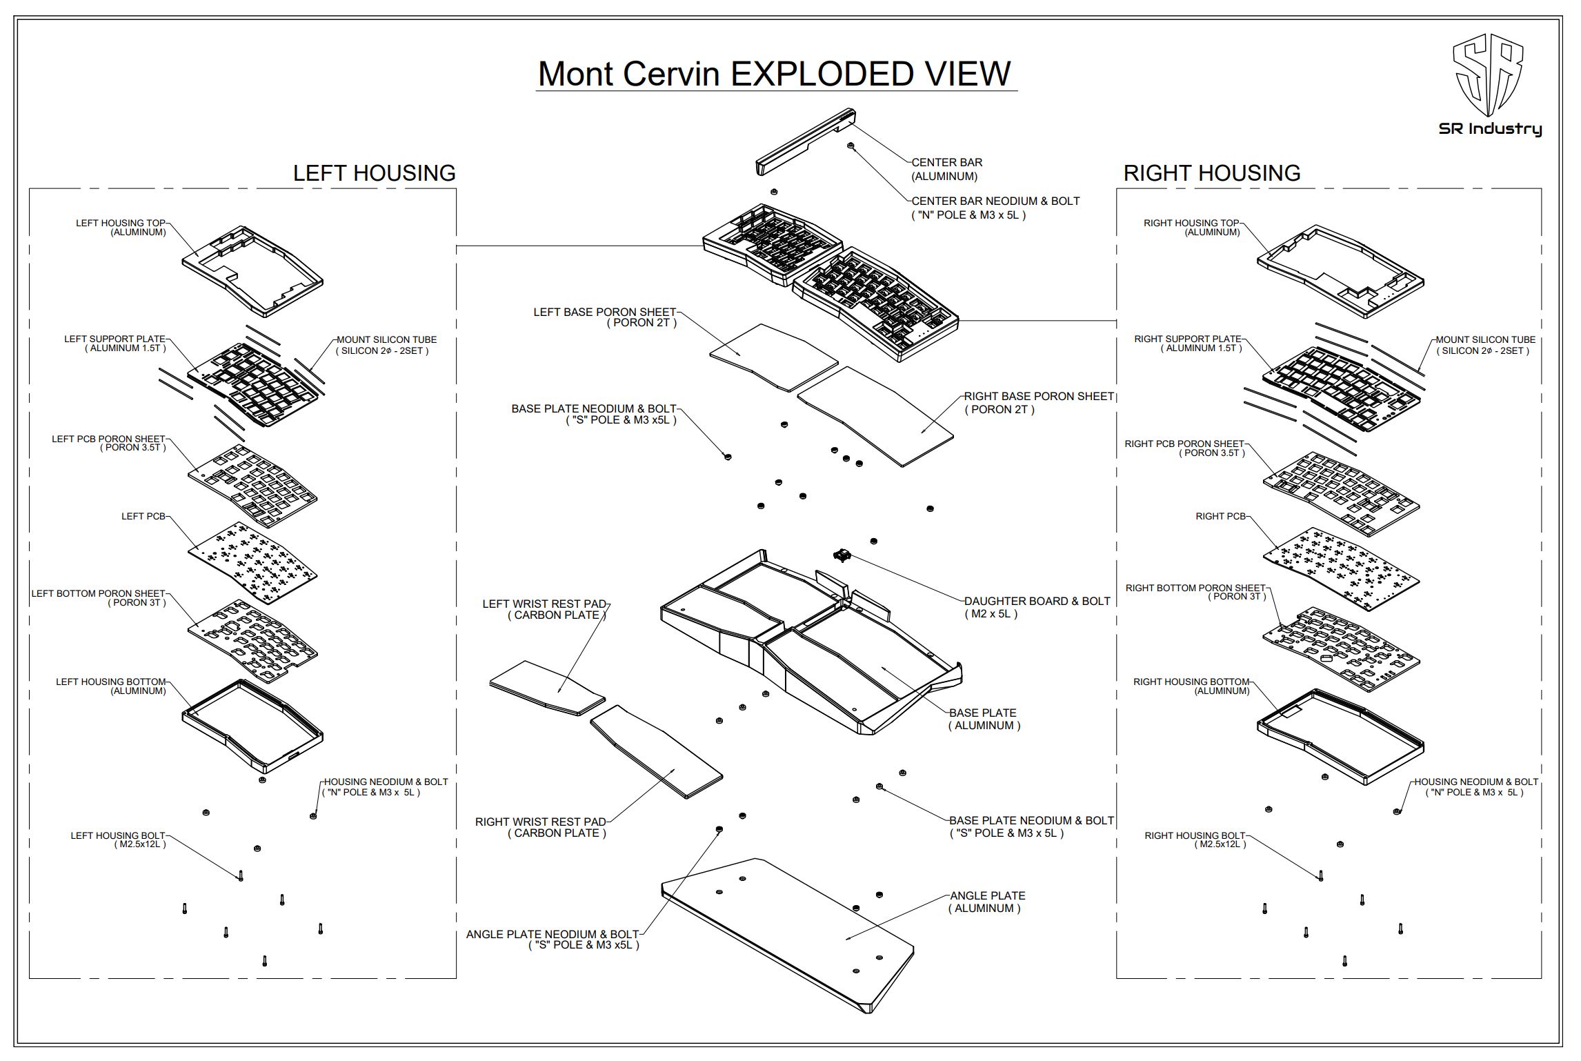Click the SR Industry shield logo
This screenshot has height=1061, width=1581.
[x=1489, y=85]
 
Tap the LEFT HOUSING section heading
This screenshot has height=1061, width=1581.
[x=374, y=172]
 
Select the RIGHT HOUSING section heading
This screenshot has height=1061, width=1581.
[x=1211, y=172]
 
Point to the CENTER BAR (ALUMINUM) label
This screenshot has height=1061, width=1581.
[x=946, y=169]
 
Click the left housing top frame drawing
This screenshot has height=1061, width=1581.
[x=252, y=271]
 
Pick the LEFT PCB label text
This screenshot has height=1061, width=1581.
[x=143, y=516]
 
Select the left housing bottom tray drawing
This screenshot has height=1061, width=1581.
[x=252, y=726]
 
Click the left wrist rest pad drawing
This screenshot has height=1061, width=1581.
[x=546, y=688]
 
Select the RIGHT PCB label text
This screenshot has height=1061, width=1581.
[x=1220, y=516]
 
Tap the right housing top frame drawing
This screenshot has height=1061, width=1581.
[x=1340, y=271]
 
